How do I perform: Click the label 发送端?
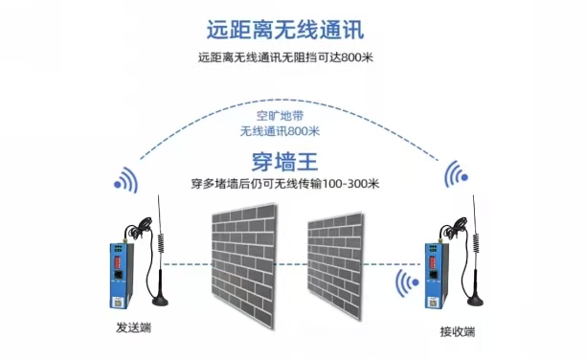click(131, 328)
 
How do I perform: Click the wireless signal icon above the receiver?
click(459, 175)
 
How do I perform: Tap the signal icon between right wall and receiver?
click(405, 284)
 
